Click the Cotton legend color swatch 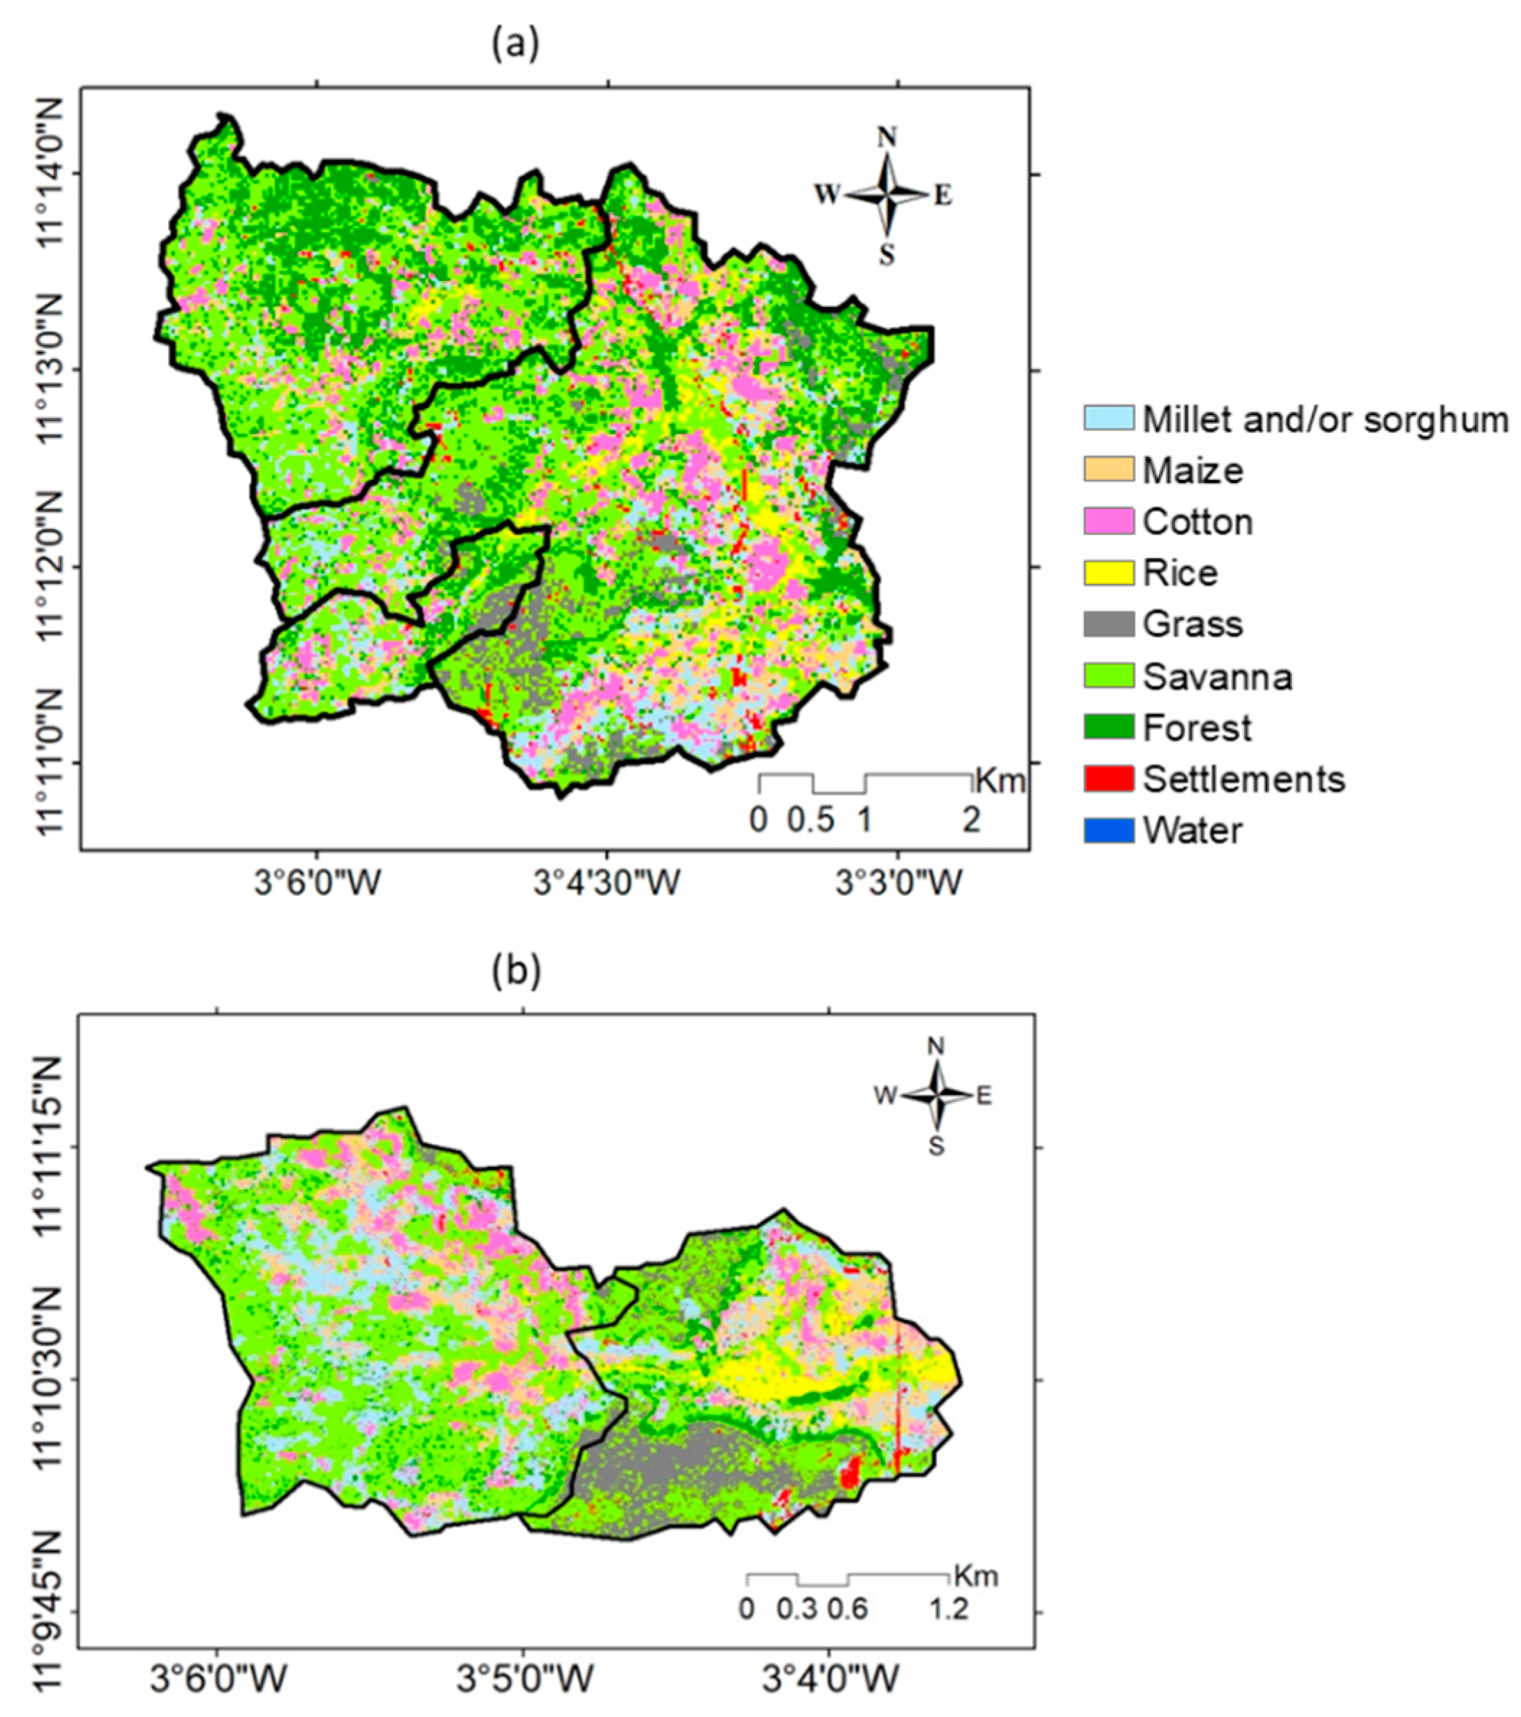pos(1109,521)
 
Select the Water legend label pos(1192,831)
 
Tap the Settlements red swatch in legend pos(1109,778)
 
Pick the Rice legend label pos(1180,573)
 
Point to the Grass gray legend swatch pos(1109,624)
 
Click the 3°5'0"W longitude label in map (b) pos(523,1678)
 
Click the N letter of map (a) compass pos(887,137)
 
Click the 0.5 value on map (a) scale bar pos(810,819)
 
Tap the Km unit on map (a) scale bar pos(1001,781)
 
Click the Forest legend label pos(1197,727)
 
